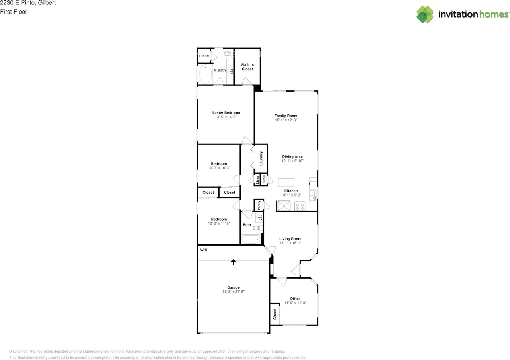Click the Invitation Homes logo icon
pyautogui.click(x=425, y=14)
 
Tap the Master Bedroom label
pyautogui.click(x=226, y=112)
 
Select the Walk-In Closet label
pyautogui.click(x=247, y=67)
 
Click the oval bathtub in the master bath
pyautogui.click(x=205, y=74)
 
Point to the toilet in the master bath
pyautogui.click(x=228, y=54)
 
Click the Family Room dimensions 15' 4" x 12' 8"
pyautogui.click(x=286, y=120)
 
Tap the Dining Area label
pyautogui.click(x=292, y=157)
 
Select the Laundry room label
pyautogui.click(x=261, y=158)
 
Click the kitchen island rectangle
pyautogui.click(x=286, y=183)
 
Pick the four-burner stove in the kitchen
pyautogui.click(x=300, y=207)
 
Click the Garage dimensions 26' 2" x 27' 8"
pyautogui.click(x=233, y=291)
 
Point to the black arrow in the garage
pyautogui.click(x=233, y=262)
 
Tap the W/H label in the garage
pyautogui.click(x=204, y=250)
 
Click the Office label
pyautogui.click(x=295, y=299)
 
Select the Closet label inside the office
pyautogui.click(x=275, y=314)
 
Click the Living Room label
pyautogui.click(x=290, y=239)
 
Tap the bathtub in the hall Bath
pyautogui.click(x=251, y=240)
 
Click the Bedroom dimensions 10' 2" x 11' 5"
pyautogui.click(x=219, y=224)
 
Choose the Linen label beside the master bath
pyautogui.click(x=204, y=56)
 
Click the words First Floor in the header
pyautogui.click(x=14, y=12)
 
